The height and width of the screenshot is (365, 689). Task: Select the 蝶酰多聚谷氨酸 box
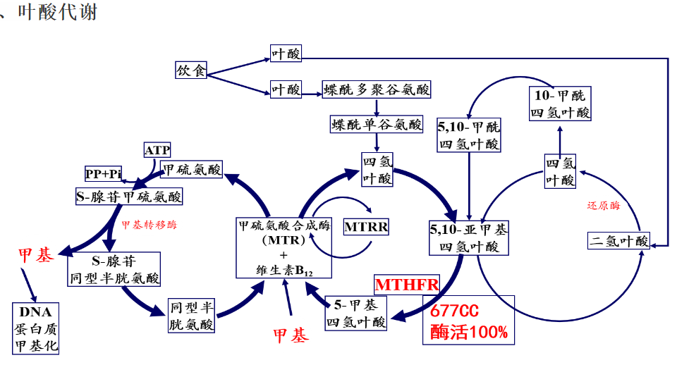377,89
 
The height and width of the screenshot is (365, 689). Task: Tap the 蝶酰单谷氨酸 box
377,125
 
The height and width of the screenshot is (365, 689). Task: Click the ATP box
157,149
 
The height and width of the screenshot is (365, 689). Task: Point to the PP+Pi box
104,173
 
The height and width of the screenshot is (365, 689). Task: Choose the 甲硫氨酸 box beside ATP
192,170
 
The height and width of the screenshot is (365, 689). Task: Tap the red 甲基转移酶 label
149,225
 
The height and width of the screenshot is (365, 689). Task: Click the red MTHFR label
407,285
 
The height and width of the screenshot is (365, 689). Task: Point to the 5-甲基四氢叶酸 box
355,314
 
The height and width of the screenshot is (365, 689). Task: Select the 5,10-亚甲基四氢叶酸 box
469,238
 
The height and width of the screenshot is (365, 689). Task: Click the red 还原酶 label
604,206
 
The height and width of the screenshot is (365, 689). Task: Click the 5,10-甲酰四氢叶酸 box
469,135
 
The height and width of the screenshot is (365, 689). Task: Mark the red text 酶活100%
468,332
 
